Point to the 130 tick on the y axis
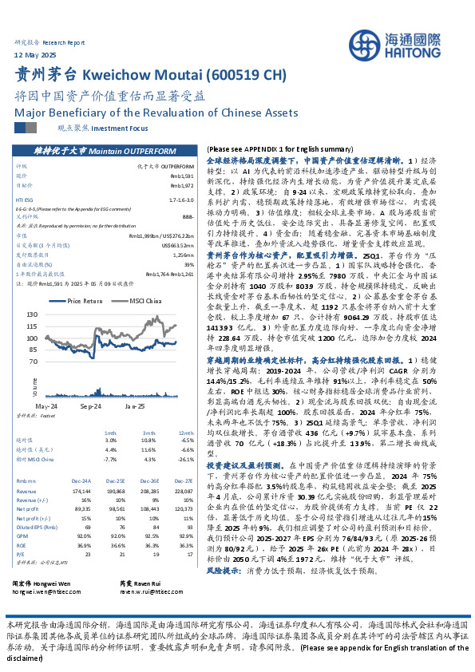pos(32,314)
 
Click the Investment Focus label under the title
pos(119,128)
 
